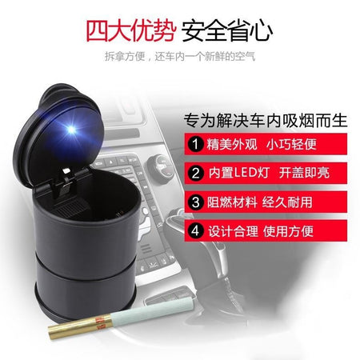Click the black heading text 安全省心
[x=227, y=30]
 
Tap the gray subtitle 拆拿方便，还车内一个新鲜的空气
[x=180, y=56]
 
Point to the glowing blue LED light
[x=71, y=130]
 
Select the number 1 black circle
[x=196, y=144]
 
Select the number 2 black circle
[x=196, y=174]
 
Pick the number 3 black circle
[x=196, y=202]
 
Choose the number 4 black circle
[x=196, y=231]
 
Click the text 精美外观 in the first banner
[x=232, y=144]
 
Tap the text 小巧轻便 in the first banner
[x=291, y=144]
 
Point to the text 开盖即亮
[x=304, y=173]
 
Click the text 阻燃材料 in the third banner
[x=232, y=202]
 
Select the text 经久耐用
[x=287, y=202]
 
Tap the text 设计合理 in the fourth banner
[x=234, y=231]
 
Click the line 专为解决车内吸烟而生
[x=266, y=121]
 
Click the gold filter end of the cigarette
[x=80, y=326]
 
